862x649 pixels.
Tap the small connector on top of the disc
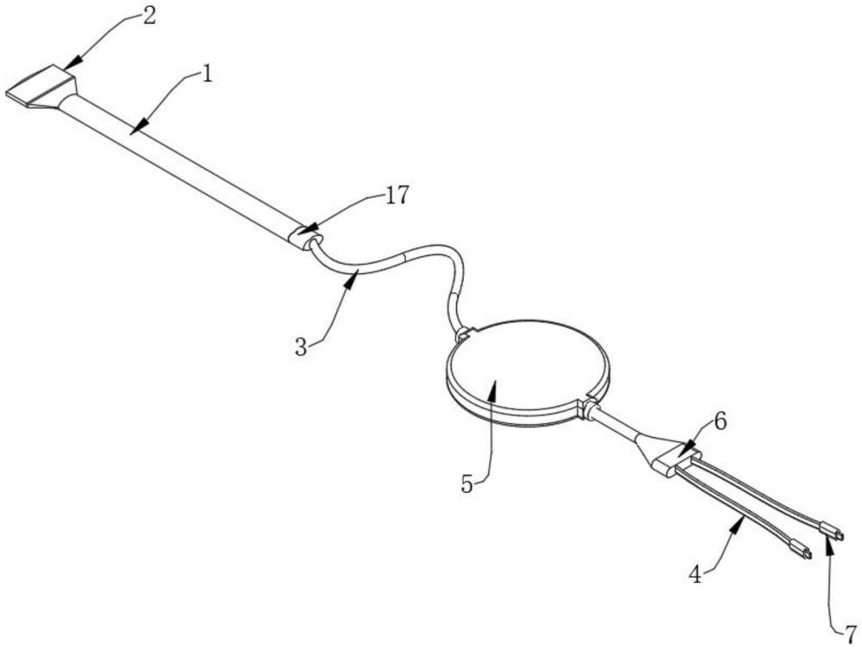click(x=465, y=331)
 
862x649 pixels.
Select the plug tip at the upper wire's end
click(x=834, y=534)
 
